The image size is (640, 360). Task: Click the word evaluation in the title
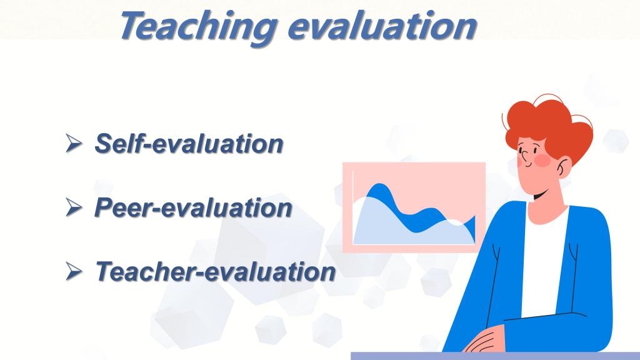coord(382,26)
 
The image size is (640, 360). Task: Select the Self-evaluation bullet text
coord(189,143)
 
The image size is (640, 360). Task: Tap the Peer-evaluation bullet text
coord(193,207)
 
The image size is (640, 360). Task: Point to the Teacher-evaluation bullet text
coord(215,271)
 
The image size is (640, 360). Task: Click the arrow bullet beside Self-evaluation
coord(74,143)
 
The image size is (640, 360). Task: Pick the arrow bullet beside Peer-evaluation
coord(74,207)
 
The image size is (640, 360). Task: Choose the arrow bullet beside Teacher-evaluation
coord(74,271)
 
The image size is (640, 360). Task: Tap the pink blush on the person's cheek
coord(543,160)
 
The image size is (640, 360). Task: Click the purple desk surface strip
coord(495,356)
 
